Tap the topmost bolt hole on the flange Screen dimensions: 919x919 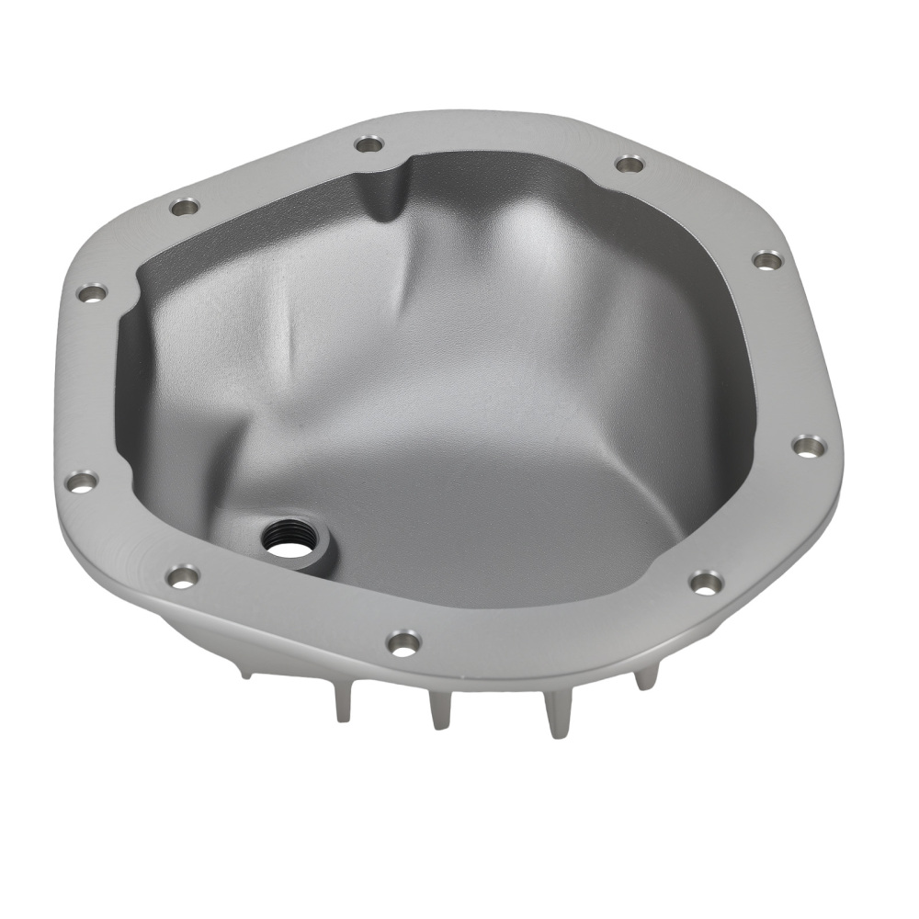click(369, 143)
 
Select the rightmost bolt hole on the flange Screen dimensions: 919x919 click(808, 447)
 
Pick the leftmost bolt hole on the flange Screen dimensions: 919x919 click(82, 481)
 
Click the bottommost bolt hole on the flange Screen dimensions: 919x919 click(403, 642)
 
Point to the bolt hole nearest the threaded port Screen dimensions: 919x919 click(183, 576)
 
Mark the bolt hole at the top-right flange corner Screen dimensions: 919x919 click(629, 165)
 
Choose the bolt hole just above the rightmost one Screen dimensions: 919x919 click(767, 260)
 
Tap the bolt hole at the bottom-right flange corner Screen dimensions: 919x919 click(705, 582)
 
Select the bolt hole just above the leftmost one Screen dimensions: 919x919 click(92, 293)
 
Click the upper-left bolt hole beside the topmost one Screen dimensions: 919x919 click(185, 206)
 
